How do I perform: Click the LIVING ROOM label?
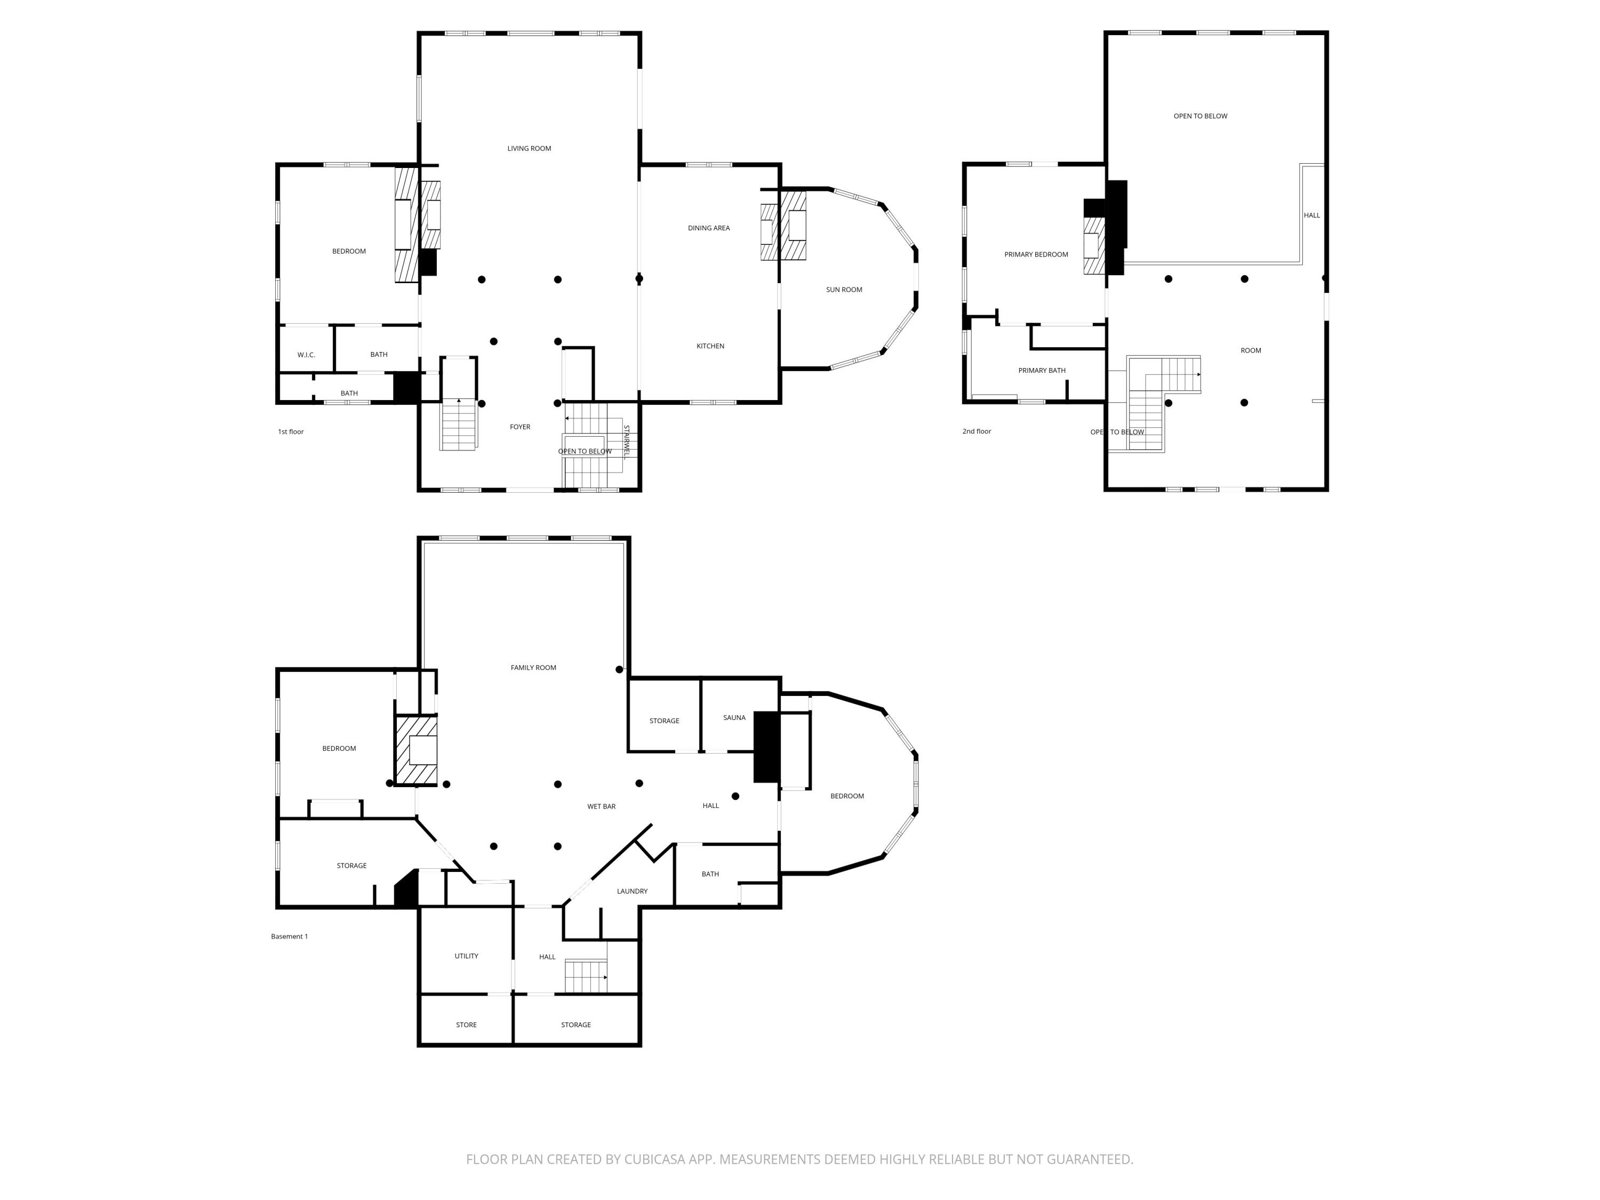pos(529,148)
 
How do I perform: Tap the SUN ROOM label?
pos(844,289)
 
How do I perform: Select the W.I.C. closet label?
pos(306,355)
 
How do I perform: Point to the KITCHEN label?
pos(710,346)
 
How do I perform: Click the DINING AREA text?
pos(709,228)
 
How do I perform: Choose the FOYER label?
pos(520,427)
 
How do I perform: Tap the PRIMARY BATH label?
pos(1042,370)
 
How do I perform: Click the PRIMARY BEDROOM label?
pos(1036,254)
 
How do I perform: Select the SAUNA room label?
pos(734,717)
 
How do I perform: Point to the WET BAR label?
pos(601,806)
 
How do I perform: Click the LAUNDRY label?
pos(632,891)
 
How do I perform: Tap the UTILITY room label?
pos(467,956)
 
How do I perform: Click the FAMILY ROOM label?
pos(533,668)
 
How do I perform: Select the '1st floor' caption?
pos(291,432)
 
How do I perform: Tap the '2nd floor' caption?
pos(977,431)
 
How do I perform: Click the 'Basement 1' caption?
pos(289,936)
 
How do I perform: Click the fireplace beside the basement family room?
pos(416,750)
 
